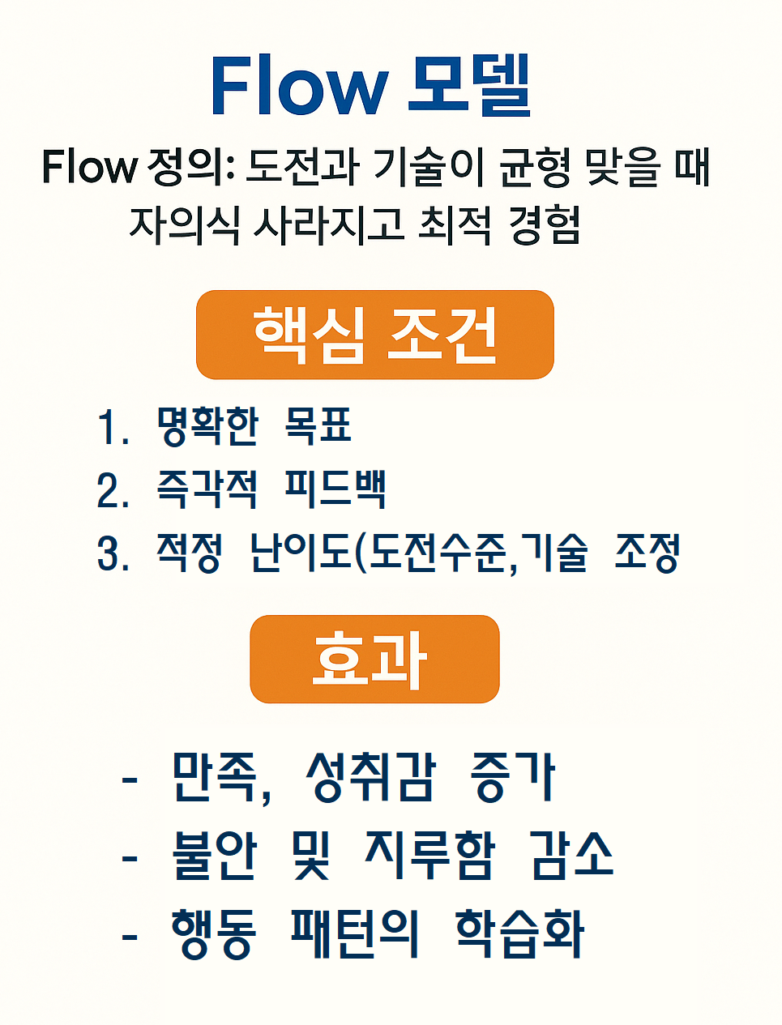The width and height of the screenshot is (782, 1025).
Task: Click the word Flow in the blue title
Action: point(298,85)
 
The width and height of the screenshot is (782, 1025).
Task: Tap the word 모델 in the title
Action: point(468,85)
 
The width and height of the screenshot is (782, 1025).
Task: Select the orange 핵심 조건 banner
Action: point(374,335)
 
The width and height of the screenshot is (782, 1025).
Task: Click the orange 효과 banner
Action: point(374,659)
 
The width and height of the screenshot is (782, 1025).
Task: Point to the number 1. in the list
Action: point(112,427)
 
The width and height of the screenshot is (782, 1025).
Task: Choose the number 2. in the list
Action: point(112,491)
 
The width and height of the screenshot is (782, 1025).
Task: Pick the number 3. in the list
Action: point(112,555)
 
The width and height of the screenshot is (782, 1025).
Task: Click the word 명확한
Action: point(207,425)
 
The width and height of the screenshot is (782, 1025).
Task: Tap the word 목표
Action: point(318,425)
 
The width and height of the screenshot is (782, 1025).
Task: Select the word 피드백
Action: point(335,489)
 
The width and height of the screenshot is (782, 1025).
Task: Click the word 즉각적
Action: point(207,489)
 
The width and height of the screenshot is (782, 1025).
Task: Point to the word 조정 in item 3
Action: point(647,553)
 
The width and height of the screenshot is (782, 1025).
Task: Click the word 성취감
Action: point(371,776)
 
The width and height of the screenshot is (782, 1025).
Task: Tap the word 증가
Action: point(512,776)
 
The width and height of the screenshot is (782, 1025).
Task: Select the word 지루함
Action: point(429,855)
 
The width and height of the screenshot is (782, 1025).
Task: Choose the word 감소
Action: point(572,855)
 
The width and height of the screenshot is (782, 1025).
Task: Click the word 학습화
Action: point(519,933)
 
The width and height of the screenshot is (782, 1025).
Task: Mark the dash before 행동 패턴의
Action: point(130,937)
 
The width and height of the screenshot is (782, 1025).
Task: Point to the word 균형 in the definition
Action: point(534,168)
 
